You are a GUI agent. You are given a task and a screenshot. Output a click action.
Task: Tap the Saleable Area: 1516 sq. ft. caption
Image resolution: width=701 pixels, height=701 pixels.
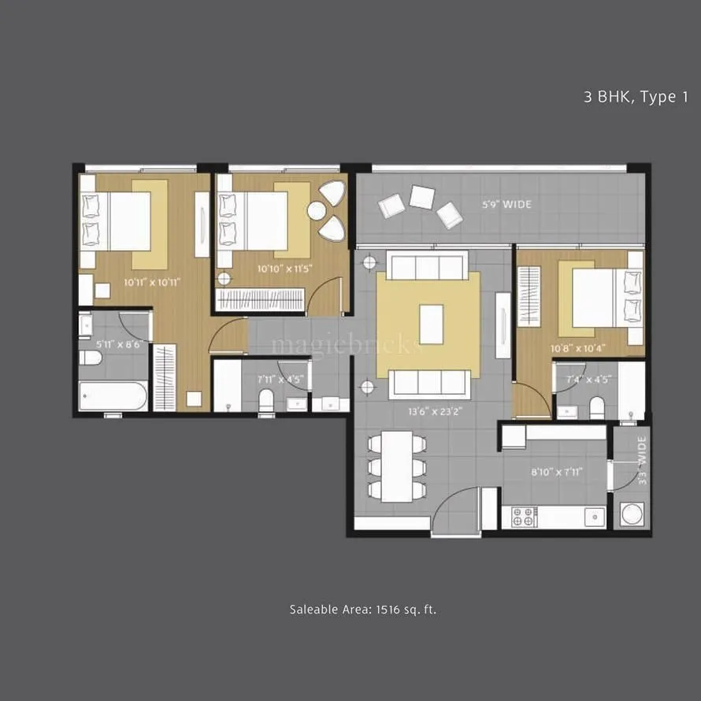point(362,609)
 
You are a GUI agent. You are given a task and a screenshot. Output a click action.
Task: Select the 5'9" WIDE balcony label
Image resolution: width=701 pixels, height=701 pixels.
point(506,205)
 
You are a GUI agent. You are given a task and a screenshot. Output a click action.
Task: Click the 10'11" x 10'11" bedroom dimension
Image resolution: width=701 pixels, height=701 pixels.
point(152,280)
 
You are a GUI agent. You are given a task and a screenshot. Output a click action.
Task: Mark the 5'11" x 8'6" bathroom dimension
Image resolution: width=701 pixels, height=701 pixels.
point(113,344)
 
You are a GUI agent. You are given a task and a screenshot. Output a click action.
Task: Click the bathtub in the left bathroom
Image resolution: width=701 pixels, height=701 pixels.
point(113,395)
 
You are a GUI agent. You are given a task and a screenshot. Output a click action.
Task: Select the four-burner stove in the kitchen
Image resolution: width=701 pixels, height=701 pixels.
point(525,517)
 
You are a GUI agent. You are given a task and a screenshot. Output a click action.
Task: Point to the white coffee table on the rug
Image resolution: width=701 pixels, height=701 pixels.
point(431,325)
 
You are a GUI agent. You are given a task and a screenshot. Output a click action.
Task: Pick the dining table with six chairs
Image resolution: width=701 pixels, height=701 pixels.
point(397,466)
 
